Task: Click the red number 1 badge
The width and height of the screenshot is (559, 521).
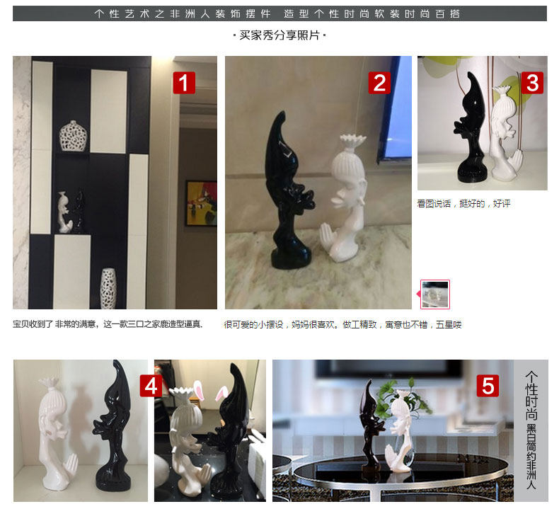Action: (184, 84)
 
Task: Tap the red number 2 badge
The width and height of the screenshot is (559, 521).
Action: (379, 84)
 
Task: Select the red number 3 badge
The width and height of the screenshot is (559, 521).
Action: (532, 84)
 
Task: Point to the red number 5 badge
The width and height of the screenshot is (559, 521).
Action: (488, 386)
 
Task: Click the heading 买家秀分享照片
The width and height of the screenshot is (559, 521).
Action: (279, 35)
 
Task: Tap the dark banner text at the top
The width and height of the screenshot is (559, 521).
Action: (279, 13)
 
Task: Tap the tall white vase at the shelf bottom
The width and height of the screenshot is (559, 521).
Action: (108, 287)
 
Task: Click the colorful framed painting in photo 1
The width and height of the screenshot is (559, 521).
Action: (201, 203)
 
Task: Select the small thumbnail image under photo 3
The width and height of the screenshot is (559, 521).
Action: (434, 294)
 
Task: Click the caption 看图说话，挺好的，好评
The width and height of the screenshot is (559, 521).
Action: (463, 204)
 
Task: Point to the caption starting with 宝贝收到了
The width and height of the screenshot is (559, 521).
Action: (108, 324)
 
